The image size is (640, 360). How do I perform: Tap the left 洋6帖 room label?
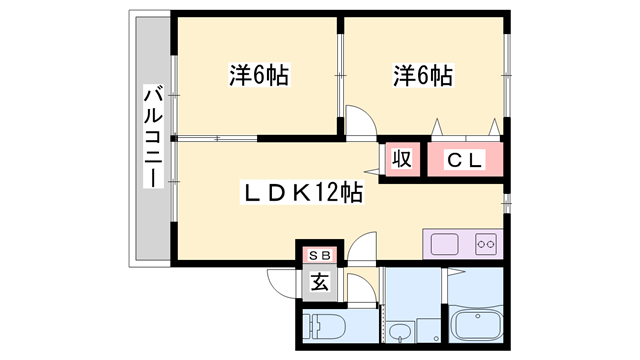[258, 74]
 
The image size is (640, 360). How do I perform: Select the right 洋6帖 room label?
[422, 74]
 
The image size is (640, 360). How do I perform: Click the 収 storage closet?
[402, 159]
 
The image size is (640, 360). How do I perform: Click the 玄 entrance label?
[319, 282]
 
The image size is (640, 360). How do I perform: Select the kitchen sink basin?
[445, 243]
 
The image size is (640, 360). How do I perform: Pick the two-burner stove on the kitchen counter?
[485, 243]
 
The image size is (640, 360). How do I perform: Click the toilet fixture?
[328, 327]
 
